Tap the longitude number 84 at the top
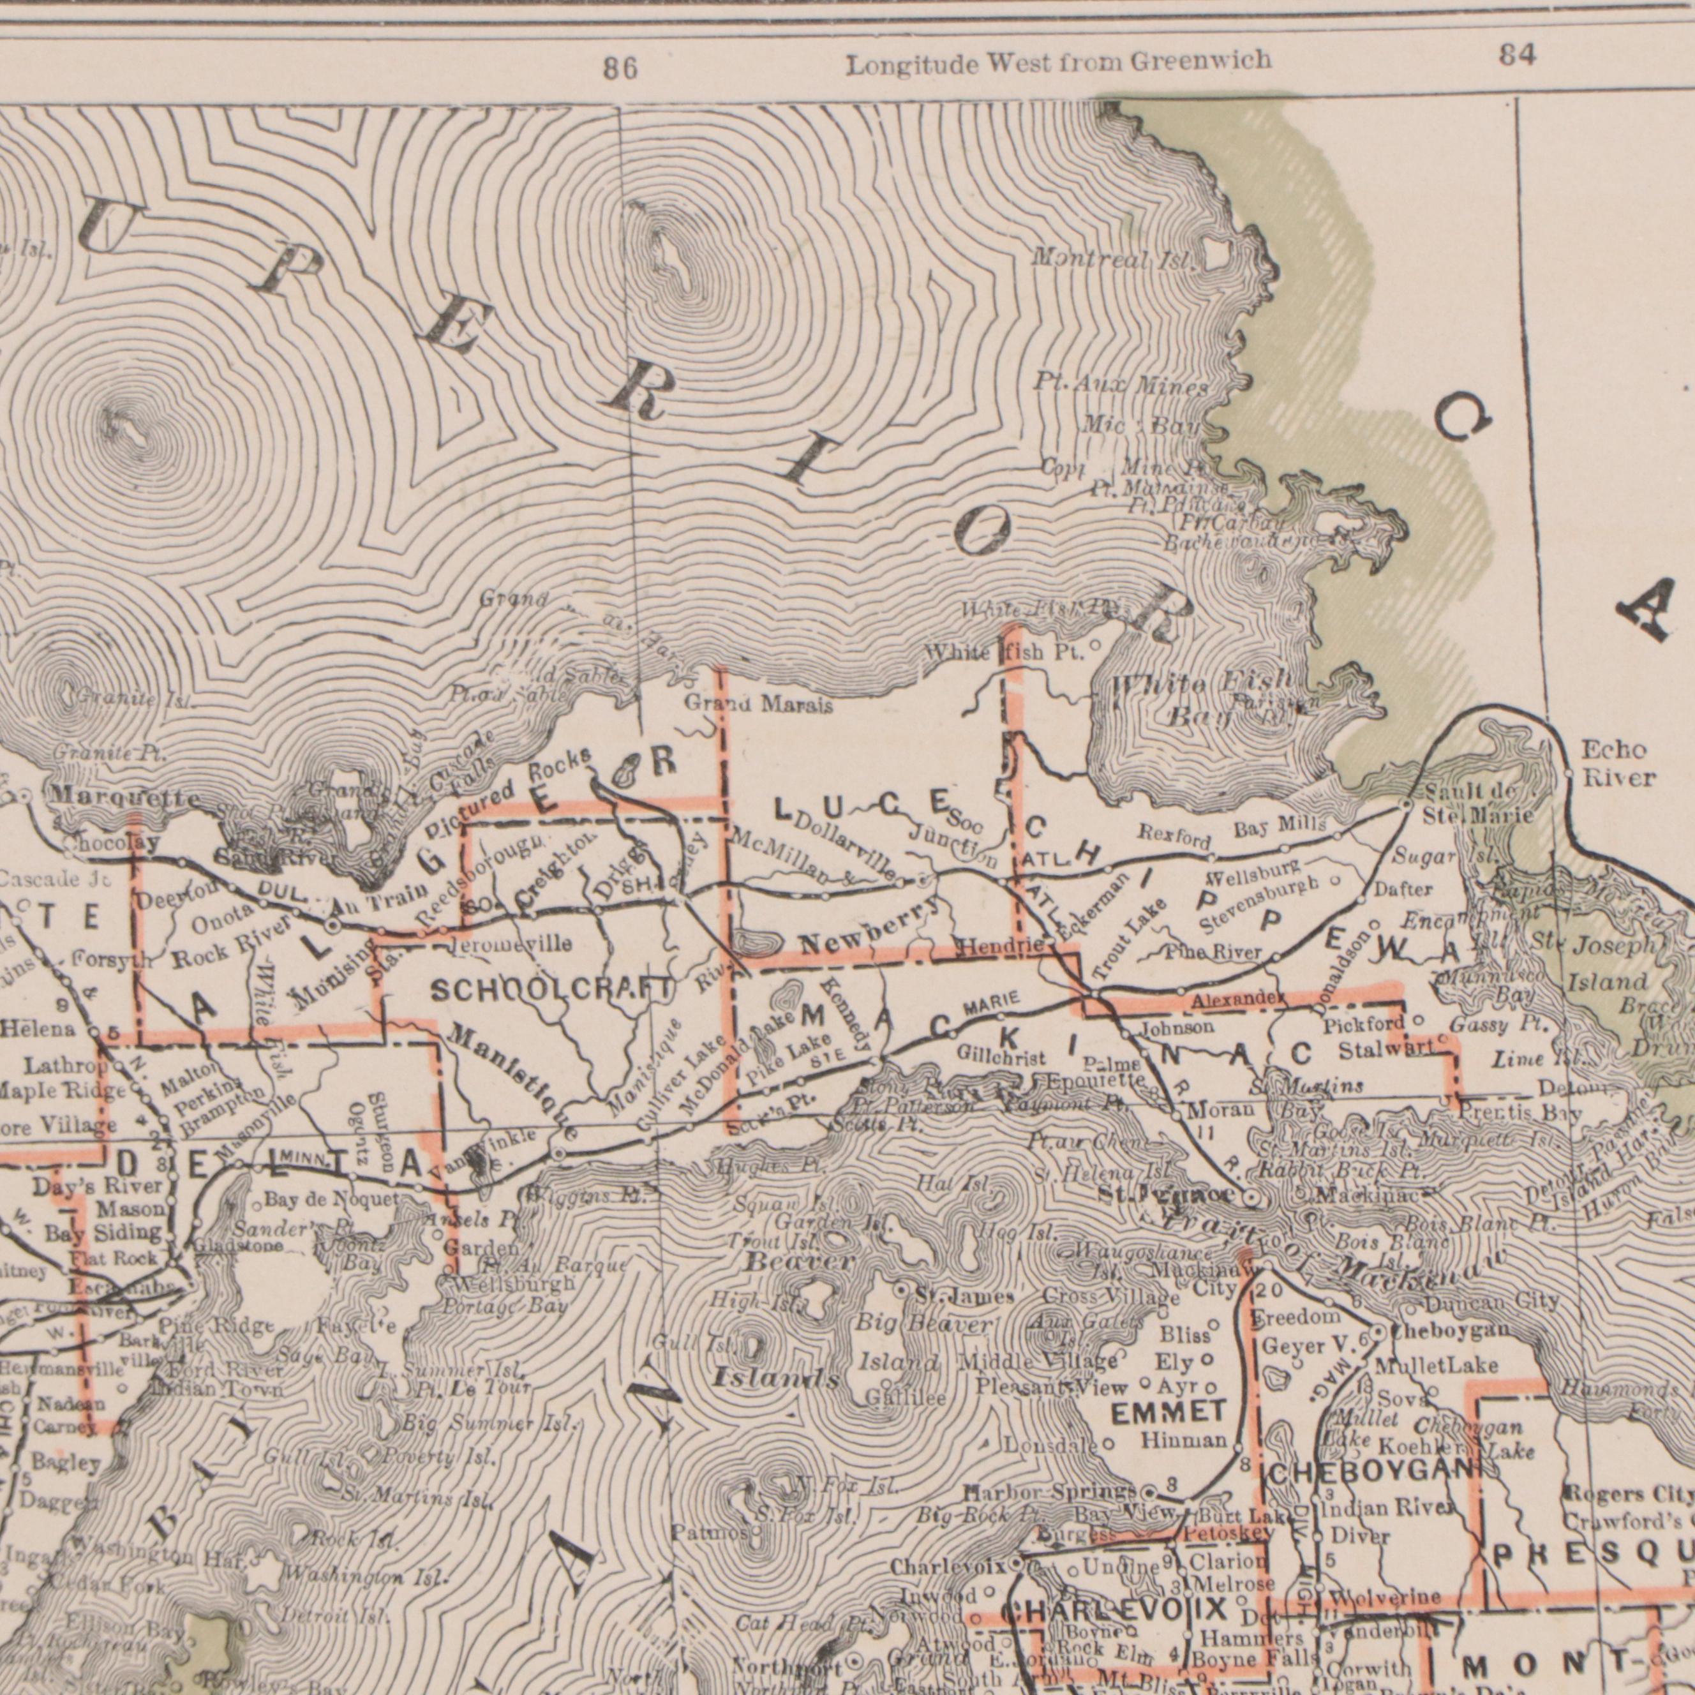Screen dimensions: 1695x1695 click(x=1517, y=56)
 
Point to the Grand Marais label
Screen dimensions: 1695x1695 click(x=758, y=705)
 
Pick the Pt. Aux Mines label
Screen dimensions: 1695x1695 click(x=1121, y=384)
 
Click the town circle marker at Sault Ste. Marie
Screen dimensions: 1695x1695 click(x=1405, y=803)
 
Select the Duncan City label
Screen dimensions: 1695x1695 click(x=1491, y=1303)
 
